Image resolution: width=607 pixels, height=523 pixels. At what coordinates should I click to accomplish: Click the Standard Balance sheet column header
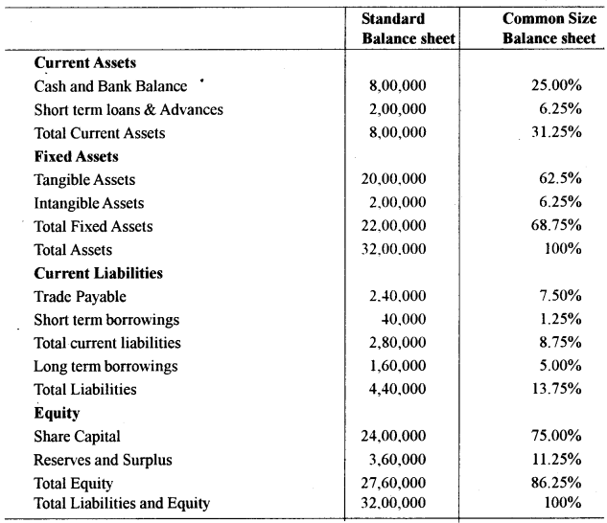(x=408, y=29)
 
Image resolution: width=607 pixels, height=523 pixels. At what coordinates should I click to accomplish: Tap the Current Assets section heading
(x=85, y=62)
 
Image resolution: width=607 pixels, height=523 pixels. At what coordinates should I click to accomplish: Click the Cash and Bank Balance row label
(x=110, y=86)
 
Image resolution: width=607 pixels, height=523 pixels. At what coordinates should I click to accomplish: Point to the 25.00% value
(x=556, y=86)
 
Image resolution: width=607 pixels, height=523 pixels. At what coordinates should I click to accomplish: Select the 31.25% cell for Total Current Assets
(x=556, y=132)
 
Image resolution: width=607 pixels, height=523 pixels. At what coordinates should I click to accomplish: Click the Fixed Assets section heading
(x=76, y=156)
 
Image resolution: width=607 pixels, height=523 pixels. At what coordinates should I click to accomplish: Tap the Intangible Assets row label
(x=89, y=203)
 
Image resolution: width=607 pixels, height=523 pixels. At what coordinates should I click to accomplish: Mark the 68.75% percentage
(x=556, y=226)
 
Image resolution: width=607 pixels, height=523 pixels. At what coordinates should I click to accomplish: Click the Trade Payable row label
(x=80, y=296)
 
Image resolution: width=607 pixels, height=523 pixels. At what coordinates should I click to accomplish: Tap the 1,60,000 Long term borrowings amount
(x=397, y=366)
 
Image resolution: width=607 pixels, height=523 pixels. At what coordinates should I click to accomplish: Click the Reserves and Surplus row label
(x=104, y=460)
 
